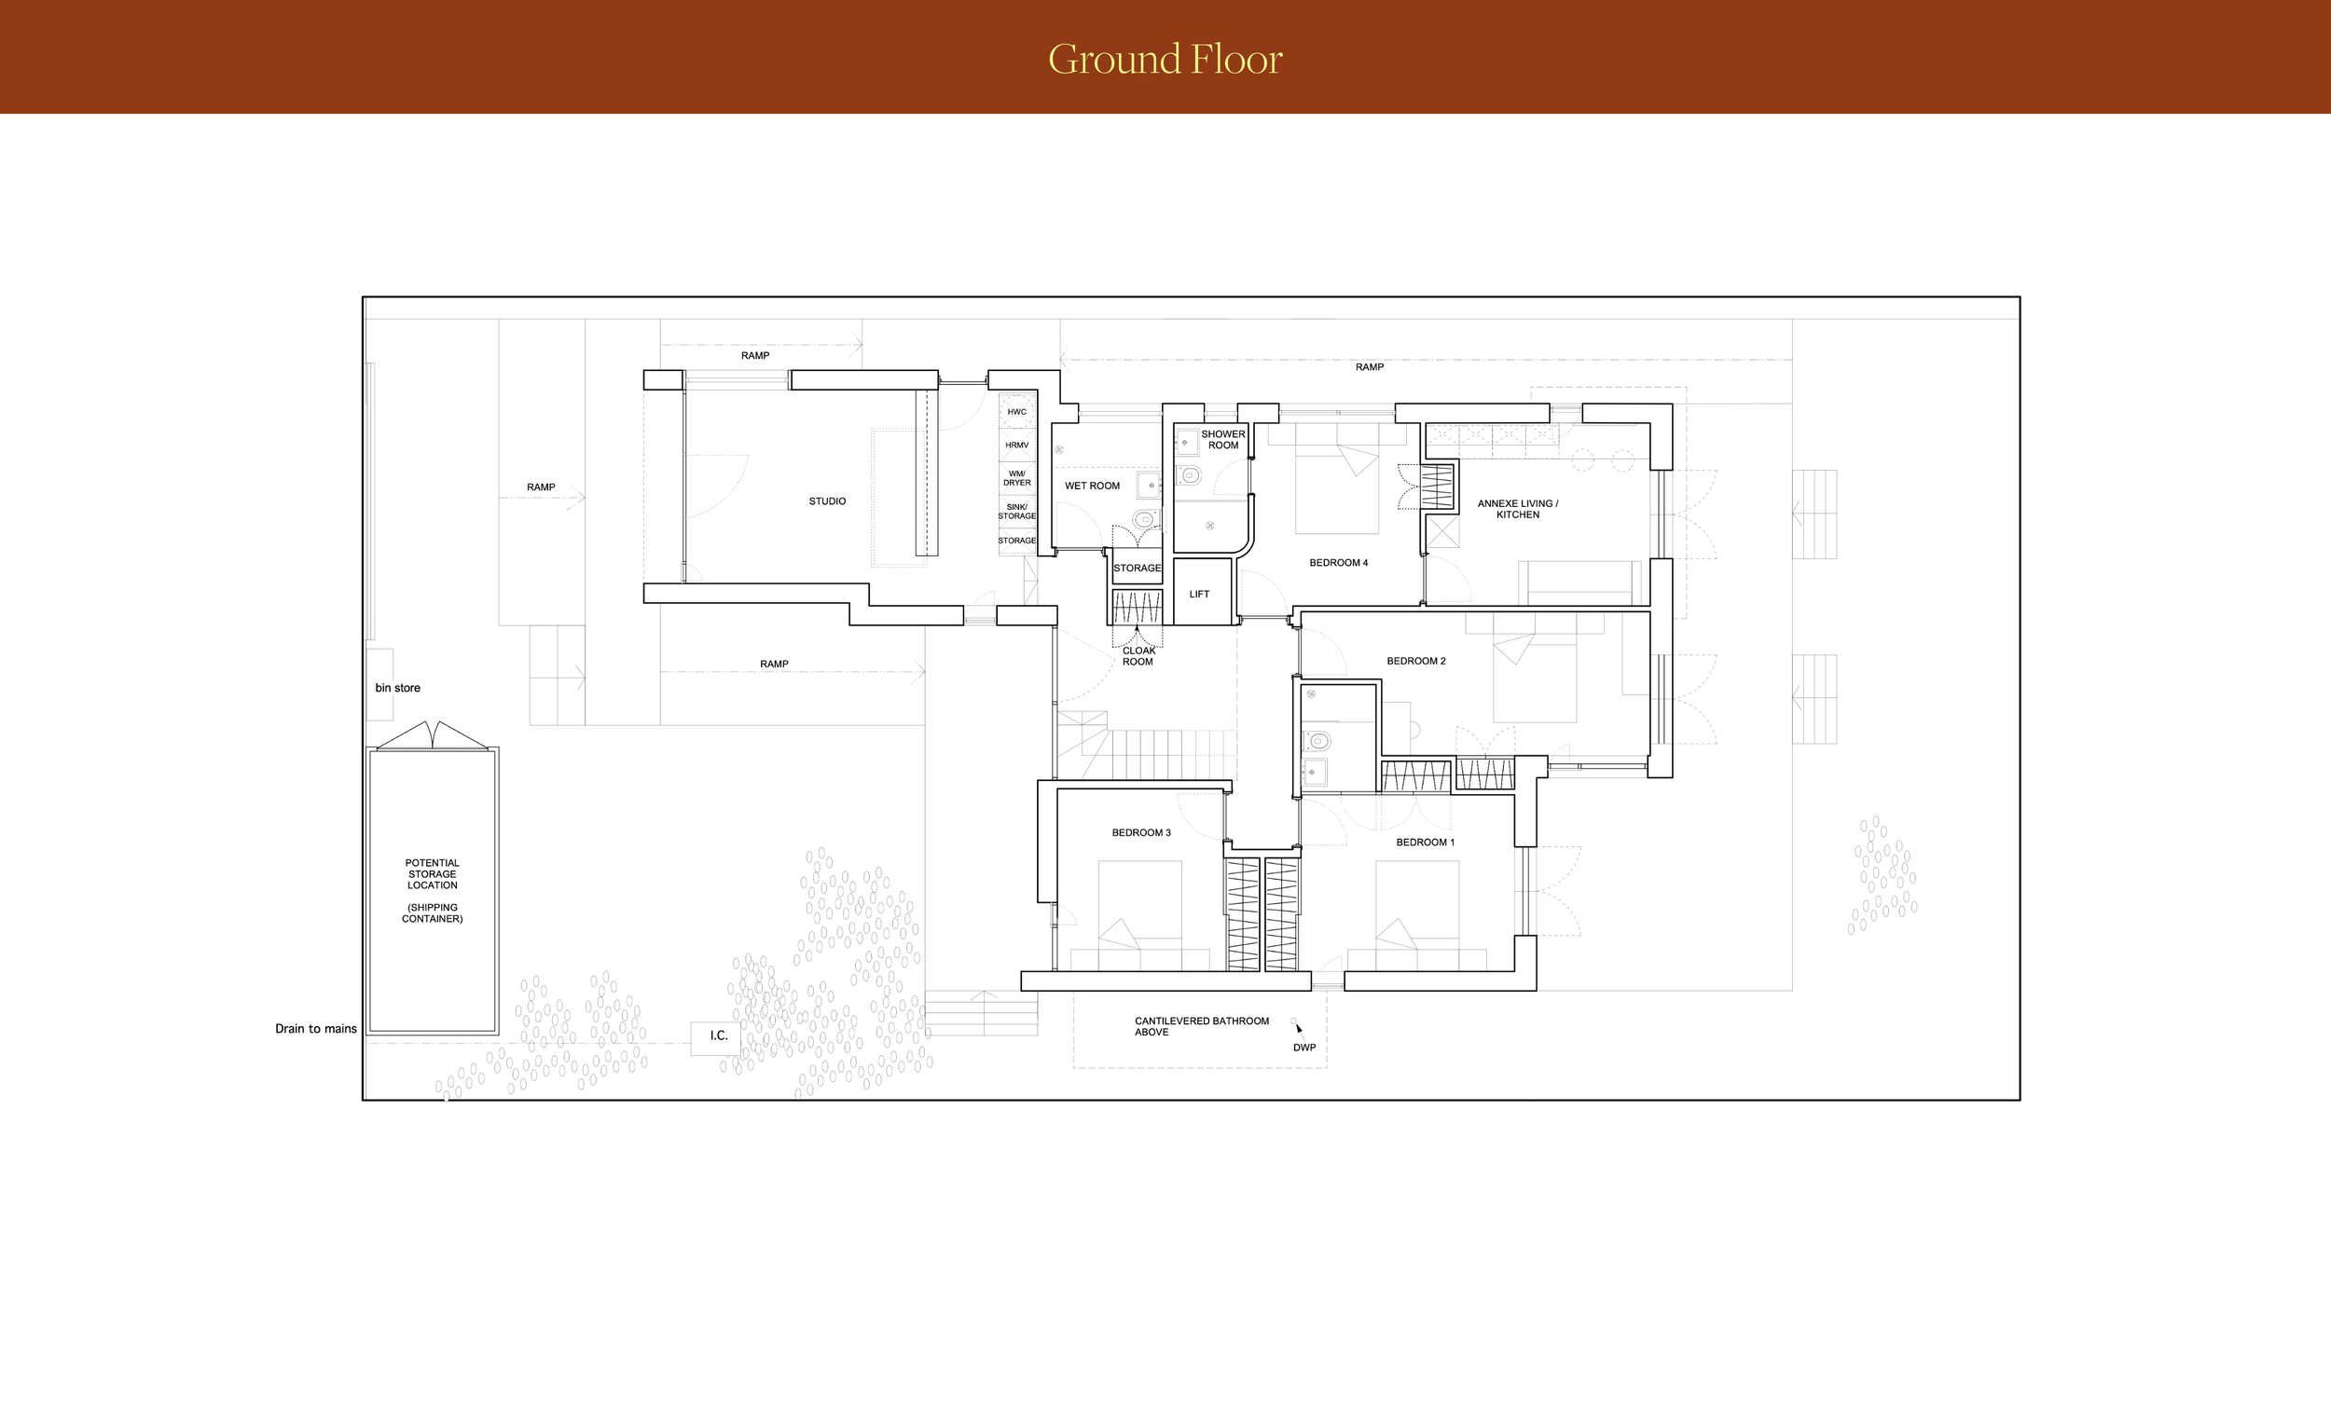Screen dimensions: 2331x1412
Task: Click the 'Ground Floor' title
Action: (x=1165, y=59)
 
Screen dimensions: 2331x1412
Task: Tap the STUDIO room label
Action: (x=827, y=501)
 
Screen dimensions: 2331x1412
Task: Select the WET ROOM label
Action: (x=1092, y=487)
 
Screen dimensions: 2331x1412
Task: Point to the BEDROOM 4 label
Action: (x=1338, y=563)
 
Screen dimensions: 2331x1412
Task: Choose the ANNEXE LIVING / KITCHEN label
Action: (x=1517, y=509)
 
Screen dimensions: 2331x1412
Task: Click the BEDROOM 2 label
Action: (x=1415, y=661)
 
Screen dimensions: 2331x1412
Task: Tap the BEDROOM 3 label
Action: (x=1141, y=833)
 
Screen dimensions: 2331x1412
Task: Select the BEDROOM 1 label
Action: (x=1425, y=843)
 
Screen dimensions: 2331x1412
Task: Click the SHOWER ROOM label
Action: (x=1223, y=440)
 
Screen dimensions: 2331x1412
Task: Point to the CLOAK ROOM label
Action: (x=1138, y=656)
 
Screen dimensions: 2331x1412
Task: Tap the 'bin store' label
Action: (x=397, y=688)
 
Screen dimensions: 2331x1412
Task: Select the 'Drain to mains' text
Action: (x=316, y=1029)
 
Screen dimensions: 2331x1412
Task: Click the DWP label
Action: (x=1303, y=1048)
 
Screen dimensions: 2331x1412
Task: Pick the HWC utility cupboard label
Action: (x=1016, y=412)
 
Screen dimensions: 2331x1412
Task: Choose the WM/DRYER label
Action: (x=1017, y=478)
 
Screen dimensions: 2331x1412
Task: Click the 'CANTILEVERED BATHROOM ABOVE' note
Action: (x=1202, y=1027)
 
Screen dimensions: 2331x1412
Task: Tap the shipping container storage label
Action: (x=433, y=891)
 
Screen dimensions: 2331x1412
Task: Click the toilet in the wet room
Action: (x=1145, y=518)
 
